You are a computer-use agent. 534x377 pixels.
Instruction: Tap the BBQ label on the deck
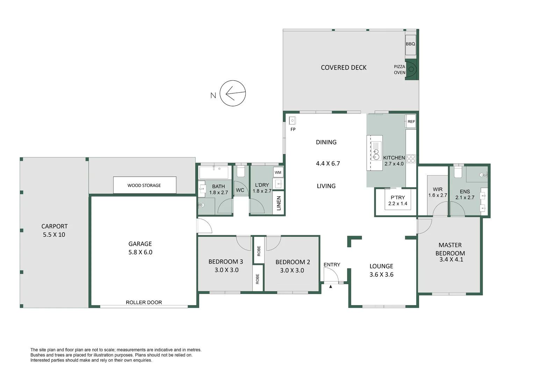click(410, 44)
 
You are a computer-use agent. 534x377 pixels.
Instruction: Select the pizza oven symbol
click(411, 69)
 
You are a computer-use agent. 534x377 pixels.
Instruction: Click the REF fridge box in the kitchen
click(411, 121)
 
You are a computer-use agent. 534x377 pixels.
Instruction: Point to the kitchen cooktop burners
click(411, 158)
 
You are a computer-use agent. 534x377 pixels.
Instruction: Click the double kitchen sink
click(376, 154)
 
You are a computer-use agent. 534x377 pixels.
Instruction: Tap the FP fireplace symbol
click(292, 120)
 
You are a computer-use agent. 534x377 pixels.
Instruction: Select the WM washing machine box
click(278, 172)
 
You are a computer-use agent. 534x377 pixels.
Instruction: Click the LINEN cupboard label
click(279, 203)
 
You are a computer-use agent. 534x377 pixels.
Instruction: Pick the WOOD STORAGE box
click(145, 185)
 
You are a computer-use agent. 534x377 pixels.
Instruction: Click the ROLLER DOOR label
click(144, 302)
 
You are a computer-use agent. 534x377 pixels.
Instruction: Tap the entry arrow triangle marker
click(331, 287)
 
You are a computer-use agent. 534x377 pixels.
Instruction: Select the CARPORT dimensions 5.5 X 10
click(54, 235)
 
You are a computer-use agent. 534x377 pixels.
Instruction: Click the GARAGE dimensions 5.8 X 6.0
click(140, 252)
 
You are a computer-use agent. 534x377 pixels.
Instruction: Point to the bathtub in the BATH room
click(214, 172)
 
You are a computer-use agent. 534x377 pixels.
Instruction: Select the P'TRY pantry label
click(398, 198)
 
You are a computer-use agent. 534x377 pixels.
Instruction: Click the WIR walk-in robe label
click(438, 189)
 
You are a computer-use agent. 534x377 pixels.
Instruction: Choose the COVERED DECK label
click(344, 68)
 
